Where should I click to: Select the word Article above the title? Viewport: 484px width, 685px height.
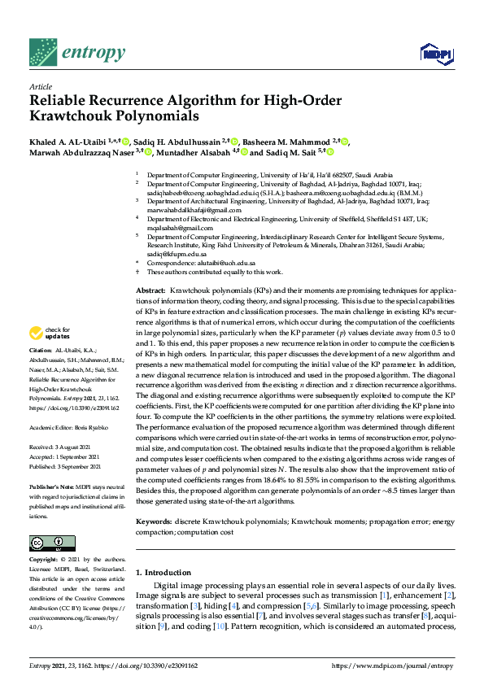coord(41,85)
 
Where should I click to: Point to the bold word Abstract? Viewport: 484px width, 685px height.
coord(150,290)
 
